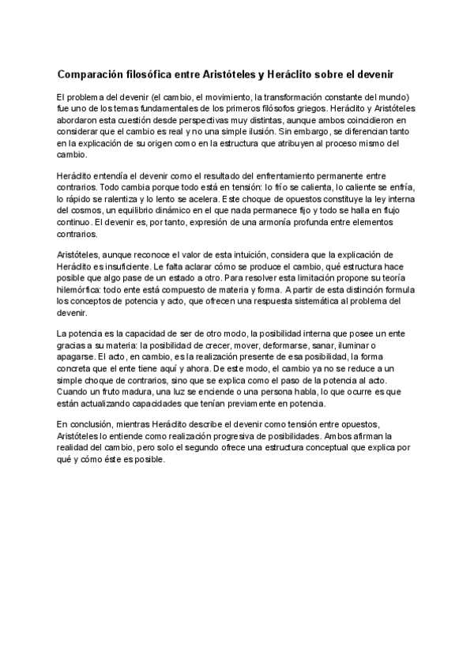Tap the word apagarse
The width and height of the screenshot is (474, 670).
click(x=76, y=356)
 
